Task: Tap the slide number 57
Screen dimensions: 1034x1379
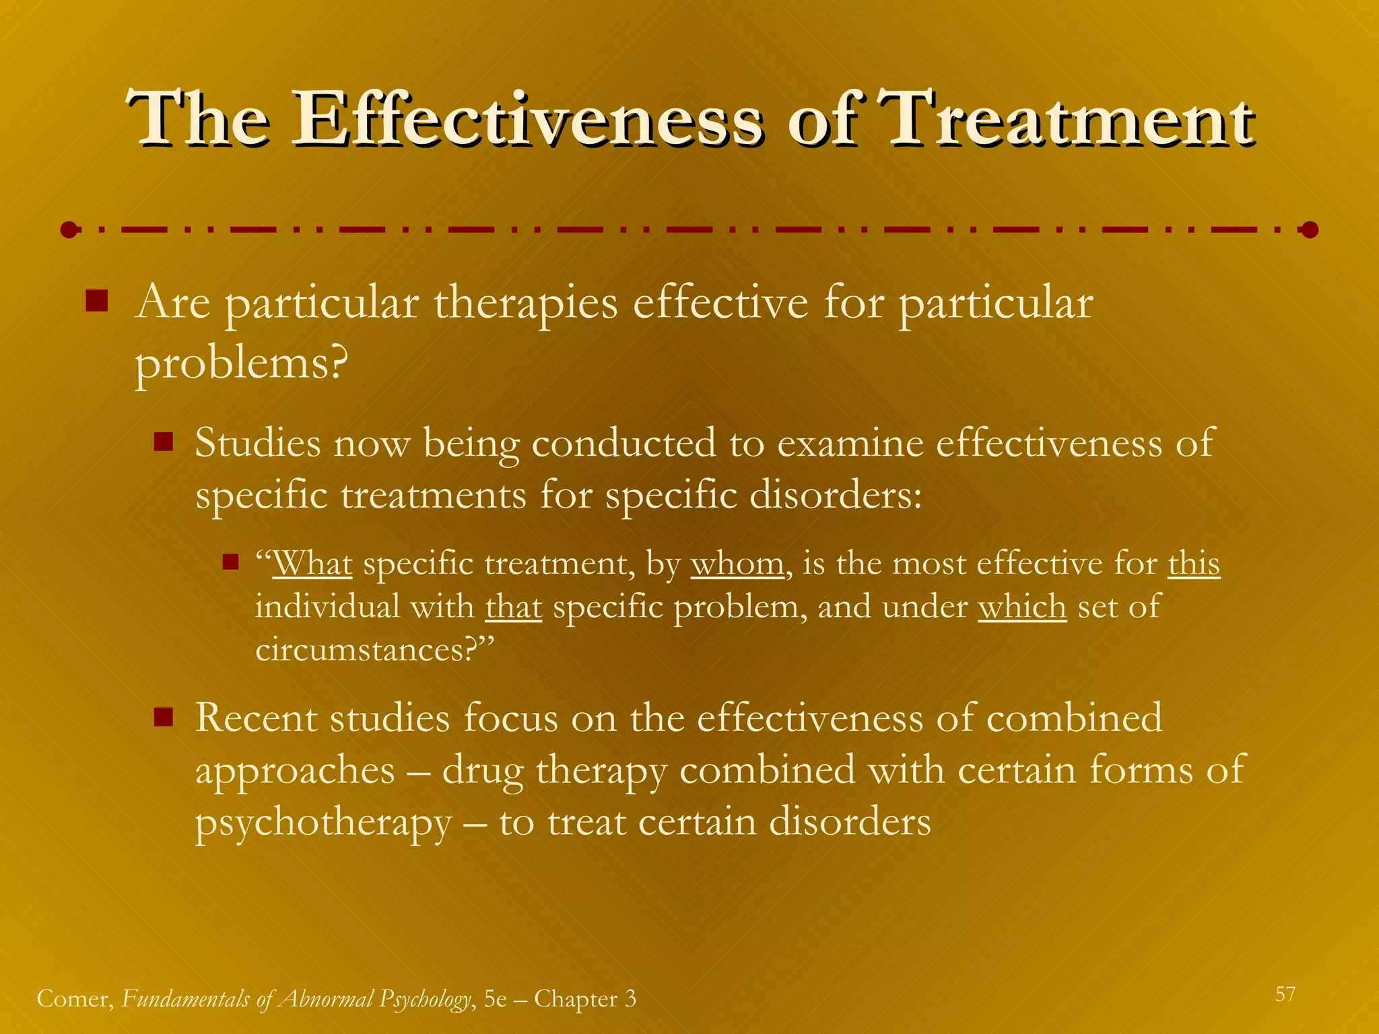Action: pos(1285,994)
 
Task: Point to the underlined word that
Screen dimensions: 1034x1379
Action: pos(514,607)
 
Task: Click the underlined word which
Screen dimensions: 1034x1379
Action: pos(1022,607)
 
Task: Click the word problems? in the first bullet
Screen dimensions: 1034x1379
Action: pos(241,364)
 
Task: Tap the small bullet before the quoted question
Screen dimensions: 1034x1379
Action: pos(231,561)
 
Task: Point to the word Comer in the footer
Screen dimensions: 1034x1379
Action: pos(75,999)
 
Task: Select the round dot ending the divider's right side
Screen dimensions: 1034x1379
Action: pos(1309,230)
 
